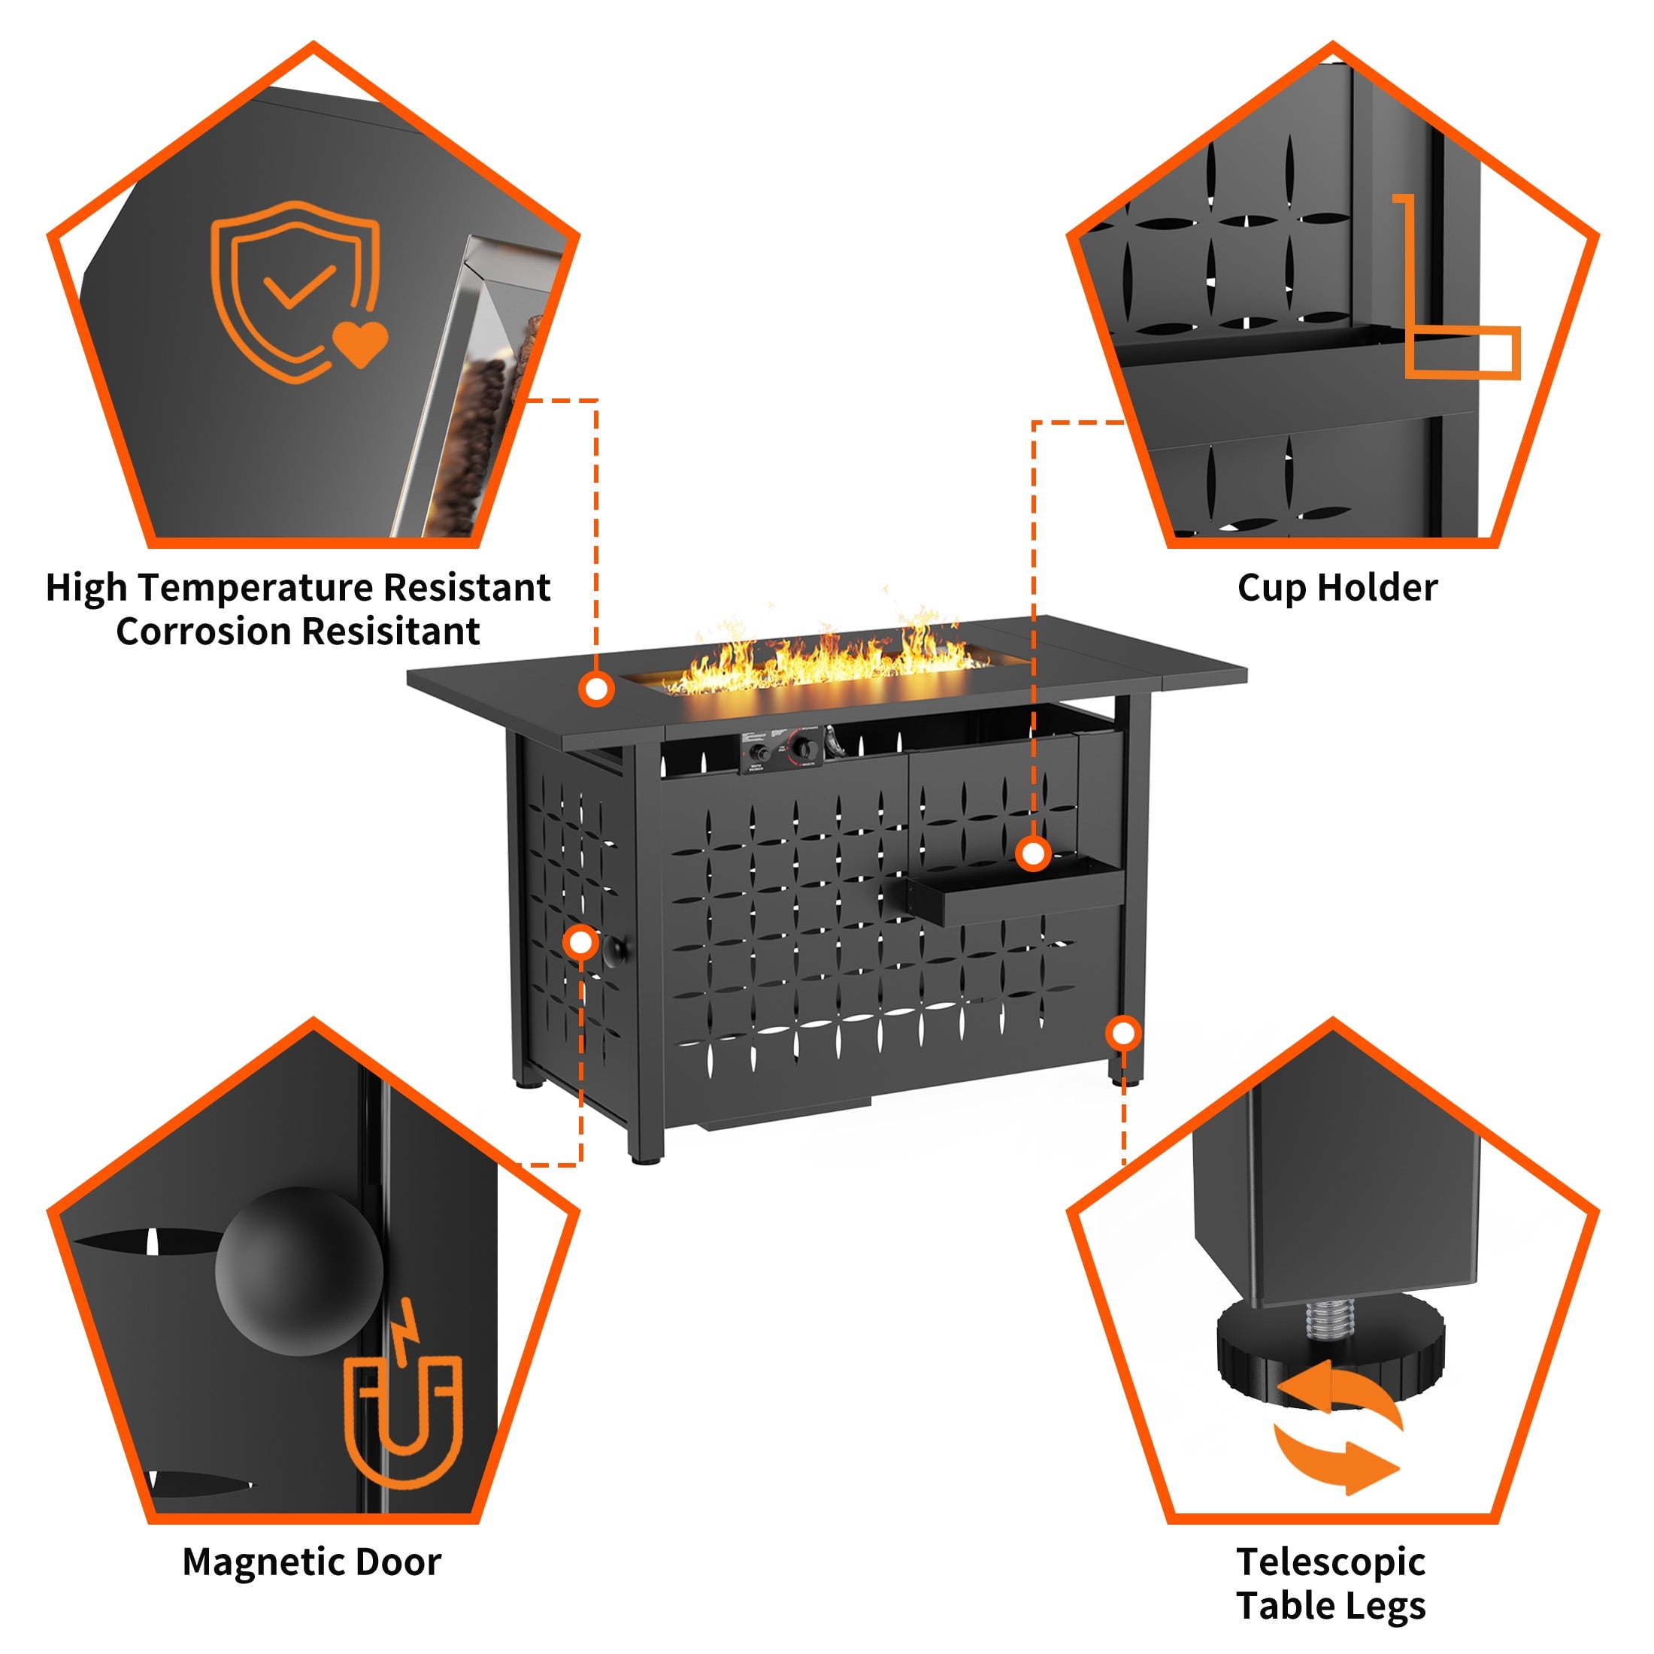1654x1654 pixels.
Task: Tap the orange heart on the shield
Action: coord(360,342)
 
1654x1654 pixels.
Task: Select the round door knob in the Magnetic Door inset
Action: coord(298,1271)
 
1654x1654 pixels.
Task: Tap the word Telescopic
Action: coord(1331,1562)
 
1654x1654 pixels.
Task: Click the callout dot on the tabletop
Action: coord(596,689)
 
